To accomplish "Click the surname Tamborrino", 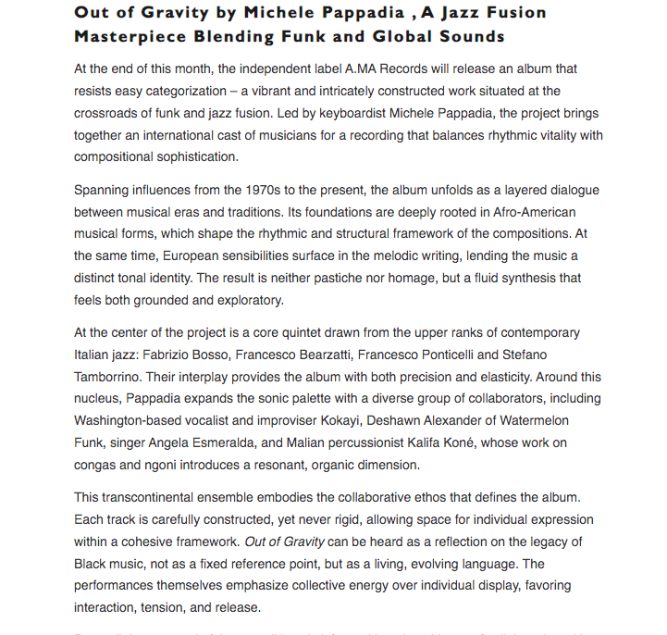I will [x=114, y=377].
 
